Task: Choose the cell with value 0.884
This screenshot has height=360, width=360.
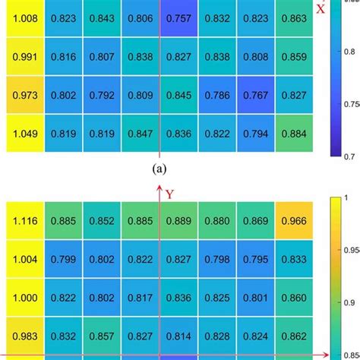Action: [294, 135]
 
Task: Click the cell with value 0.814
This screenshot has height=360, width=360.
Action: [179, 337]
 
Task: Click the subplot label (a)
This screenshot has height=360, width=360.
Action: [159, 169]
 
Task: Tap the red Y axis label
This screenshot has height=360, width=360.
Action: [170, 194]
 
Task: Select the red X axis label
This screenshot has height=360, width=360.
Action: [321, 9]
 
